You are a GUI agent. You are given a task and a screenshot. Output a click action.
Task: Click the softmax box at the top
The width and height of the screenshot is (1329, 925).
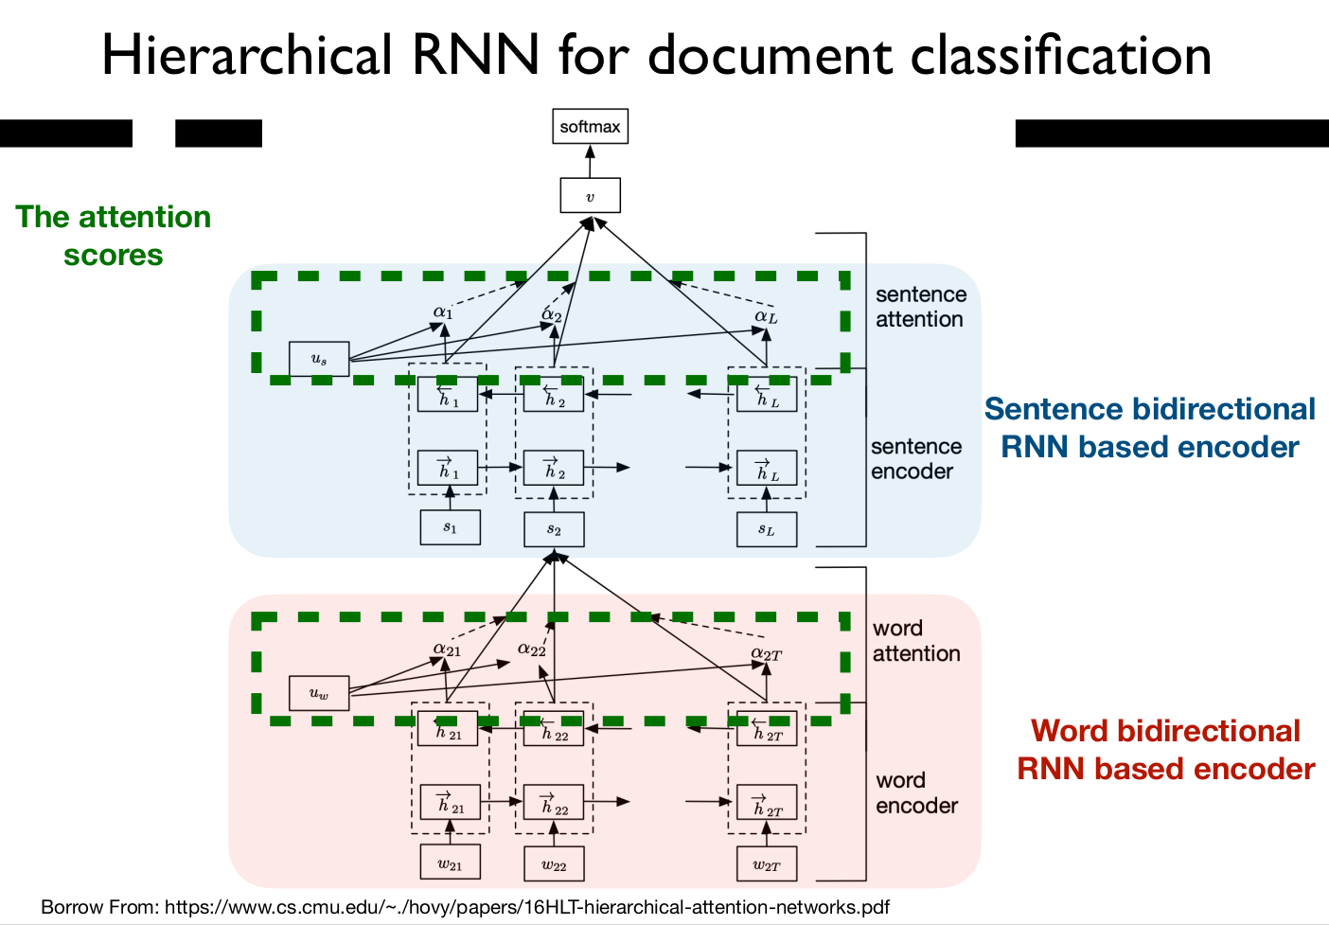590,127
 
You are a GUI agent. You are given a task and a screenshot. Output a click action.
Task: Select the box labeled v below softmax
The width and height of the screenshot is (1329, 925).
590,196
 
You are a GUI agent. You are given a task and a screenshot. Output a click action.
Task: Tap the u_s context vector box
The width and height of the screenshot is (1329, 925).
319,359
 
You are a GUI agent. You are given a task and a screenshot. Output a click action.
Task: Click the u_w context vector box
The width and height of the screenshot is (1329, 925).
319,693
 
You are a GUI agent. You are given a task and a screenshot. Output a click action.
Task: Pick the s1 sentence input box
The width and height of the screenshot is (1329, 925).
450,527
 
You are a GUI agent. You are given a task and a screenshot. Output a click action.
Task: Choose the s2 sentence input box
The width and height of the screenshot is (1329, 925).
554,529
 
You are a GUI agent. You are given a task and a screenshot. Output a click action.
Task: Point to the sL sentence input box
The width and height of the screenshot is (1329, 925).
767,529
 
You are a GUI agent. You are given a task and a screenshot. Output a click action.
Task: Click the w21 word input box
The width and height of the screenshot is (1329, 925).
450,863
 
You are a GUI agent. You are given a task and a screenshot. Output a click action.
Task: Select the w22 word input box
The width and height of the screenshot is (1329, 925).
554,864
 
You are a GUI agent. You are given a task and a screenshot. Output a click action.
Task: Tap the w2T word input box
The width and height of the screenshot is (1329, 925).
767,864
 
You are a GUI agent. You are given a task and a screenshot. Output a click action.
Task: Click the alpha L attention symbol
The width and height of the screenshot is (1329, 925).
766,316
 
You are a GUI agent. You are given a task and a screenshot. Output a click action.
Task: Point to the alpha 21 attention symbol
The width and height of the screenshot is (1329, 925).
447,649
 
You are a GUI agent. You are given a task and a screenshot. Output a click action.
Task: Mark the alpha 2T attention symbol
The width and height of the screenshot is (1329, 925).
766,653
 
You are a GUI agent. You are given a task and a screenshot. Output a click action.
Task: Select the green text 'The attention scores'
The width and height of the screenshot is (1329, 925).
114,236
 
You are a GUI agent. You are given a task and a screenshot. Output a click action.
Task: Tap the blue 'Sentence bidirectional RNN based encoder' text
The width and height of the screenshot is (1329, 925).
1150,428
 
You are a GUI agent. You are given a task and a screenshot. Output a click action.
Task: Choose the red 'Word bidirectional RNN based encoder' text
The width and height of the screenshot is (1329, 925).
1166,750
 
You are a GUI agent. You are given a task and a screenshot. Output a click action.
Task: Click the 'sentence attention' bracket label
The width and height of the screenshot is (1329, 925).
920,307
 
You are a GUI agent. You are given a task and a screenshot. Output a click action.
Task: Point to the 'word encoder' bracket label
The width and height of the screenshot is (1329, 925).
916,792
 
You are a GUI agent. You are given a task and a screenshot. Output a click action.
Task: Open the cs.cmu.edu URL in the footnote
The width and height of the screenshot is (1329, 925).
527,907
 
